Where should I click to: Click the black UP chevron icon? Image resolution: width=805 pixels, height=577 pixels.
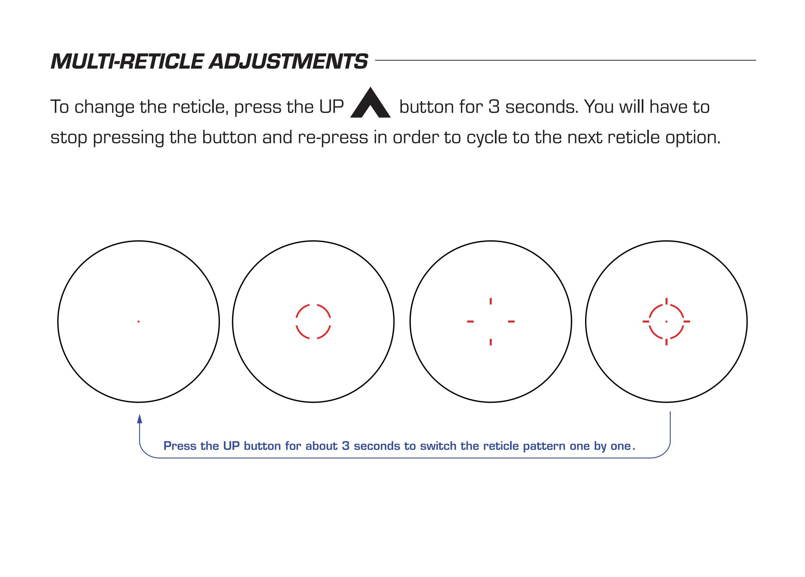[370, 103]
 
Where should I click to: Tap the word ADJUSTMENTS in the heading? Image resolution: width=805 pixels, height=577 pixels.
[288, 62]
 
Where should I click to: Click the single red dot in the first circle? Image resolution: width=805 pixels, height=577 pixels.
[138, 321]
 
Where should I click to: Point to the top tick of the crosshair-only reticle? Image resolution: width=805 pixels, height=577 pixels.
[490, 301]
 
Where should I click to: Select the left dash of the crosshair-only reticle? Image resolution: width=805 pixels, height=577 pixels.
[470, 321]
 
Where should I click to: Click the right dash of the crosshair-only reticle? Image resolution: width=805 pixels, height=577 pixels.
[511, 321]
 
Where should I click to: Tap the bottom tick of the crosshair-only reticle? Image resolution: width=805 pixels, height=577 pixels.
[490, 341]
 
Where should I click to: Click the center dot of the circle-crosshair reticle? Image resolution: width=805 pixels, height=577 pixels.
[666, 321]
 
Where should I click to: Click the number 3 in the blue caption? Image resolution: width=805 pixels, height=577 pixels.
[346, 446]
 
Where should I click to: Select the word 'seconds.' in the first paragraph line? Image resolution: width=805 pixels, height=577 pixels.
[542, 107]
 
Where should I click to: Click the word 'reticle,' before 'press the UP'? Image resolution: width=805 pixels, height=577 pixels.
[201, 107]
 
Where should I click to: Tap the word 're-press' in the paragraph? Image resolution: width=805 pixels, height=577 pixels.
[333, 138]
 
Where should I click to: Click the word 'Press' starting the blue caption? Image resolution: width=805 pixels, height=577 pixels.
[180, 446]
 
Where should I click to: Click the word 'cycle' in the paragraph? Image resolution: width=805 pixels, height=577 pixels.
[487, 138]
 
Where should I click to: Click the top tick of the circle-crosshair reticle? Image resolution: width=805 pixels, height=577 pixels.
[666, 301]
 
